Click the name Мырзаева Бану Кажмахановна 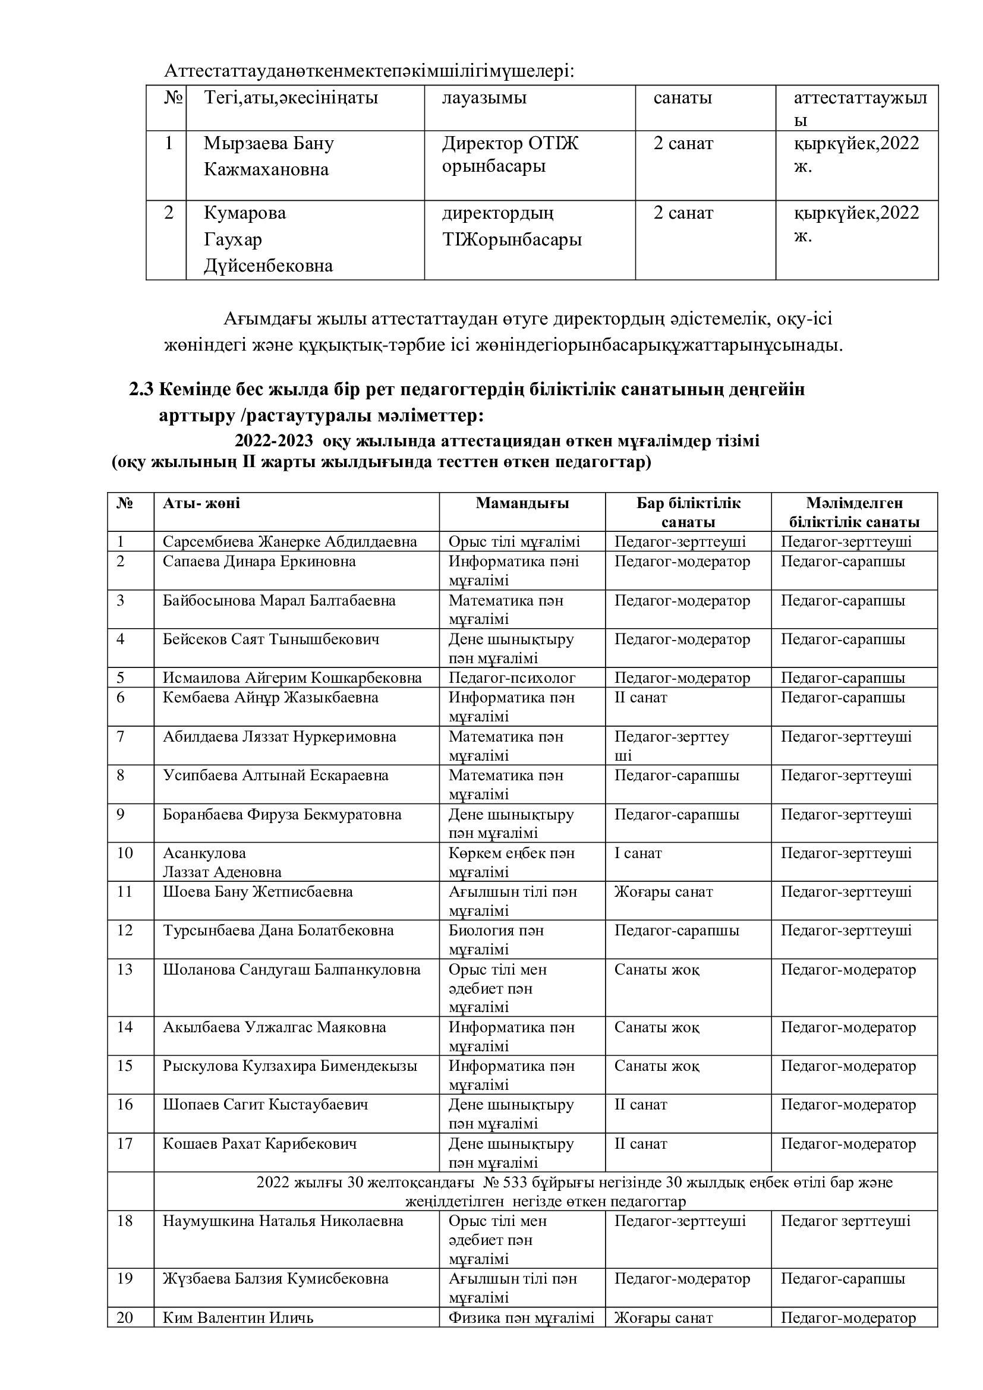tap(268, 156)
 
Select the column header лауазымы tap(484, 98)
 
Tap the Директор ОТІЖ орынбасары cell tap(510, 155)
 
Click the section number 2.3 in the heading tap(142, 389)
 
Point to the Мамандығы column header tap(522, 503)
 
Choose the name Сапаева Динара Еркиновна tap(259, 561)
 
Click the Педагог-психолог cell tap(512, 677)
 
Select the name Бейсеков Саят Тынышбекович tap(270, 639)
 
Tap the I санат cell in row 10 tap(638, 853)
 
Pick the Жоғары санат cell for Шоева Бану tap(663, 892)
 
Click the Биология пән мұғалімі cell tap(496, 940)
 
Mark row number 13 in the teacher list tap(125, 969)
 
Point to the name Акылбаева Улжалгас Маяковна tap(274, 1027)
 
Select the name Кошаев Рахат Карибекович tap(260, 1143)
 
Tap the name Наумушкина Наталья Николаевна tap(283, 1221)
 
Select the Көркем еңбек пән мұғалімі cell tap(512, 862)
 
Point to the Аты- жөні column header tap(201, 503)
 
